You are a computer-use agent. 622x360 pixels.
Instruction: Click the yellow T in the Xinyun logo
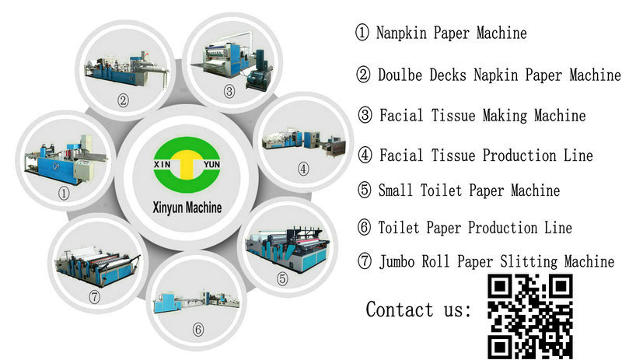click(x=187, y=163)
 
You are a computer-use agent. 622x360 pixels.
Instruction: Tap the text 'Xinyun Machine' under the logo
click(x=187, y=208)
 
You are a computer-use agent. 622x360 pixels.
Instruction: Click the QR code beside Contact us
click(x=530, y=316)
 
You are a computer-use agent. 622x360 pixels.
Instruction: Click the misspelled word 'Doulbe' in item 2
click(x=400, y=75)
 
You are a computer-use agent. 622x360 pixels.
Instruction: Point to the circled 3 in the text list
click(x=365, y=115)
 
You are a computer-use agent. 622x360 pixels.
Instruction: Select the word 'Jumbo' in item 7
click(x=397, y=261)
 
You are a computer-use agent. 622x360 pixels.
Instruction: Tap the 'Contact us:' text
click(x=418, y=309)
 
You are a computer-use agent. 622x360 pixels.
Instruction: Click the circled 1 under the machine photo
click(x=64, y=194)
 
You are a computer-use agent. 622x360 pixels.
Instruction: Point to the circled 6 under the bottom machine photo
click(x=198, y=329)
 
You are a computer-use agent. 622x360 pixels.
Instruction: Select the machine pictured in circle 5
click(x=287, y=249)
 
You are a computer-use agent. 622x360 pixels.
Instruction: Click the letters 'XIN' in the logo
click(x=162, y=163)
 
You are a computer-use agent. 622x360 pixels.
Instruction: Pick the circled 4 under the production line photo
click(x=303, y=169)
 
